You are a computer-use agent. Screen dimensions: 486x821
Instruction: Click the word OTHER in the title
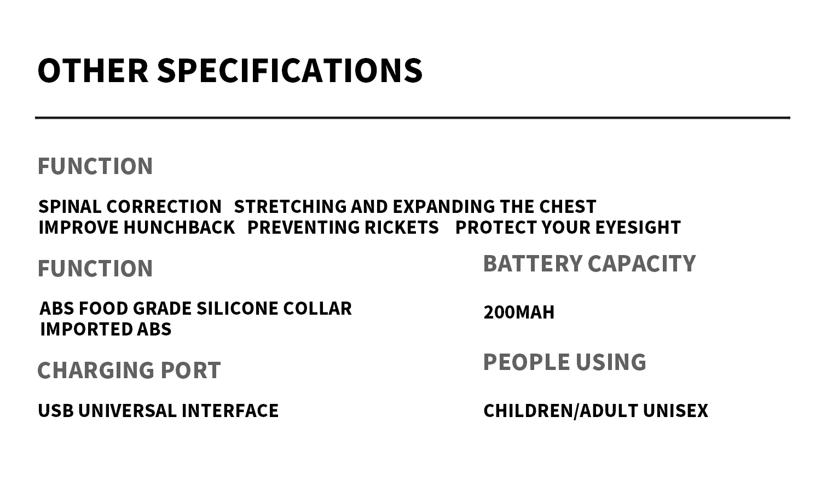(92, 71)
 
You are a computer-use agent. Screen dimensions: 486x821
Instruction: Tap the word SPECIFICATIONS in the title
(290, 71)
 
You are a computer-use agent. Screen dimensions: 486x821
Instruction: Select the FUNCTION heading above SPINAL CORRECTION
(95, 166)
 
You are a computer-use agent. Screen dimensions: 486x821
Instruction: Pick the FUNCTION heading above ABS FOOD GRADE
(95, 269)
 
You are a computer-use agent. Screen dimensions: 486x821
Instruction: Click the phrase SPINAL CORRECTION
(130, 207)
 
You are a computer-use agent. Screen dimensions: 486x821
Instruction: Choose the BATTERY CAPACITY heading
(589, 264)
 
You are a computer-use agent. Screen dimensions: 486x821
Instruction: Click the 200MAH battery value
(519, 313)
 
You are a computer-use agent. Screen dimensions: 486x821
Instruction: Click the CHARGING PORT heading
(129, 371)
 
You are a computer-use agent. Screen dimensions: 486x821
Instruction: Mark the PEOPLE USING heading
(564, 362)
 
